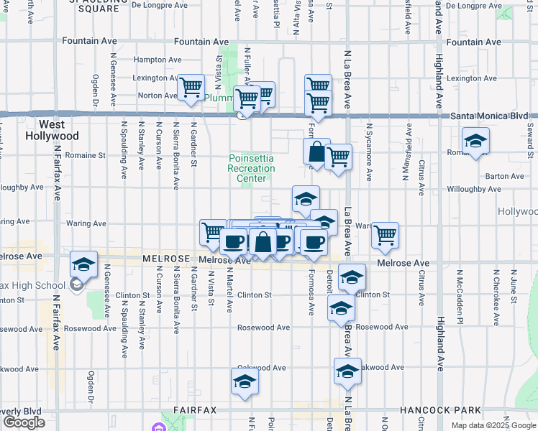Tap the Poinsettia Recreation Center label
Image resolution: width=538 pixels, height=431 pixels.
point(252,168)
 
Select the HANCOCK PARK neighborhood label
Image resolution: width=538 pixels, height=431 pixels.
point(452,410)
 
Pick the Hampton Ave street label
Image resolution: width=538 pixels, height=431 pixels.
point(158,60)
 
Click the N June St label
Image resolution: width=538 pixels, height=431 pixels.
point(513,286)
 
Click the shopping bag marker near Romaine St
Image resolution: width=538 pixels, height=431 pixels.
point(316,152)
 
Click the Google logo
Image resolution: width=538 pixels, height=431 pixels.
point(24,422)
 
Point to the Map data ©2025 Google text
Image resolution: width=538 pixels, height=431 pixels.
point(493,425)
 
